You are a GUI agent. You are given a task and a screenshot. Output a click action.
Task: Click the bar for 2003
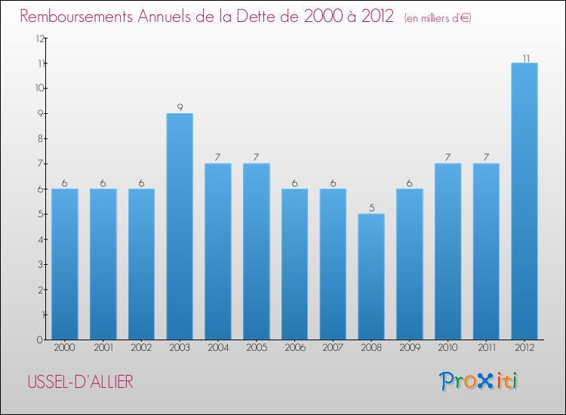tap(180, 226)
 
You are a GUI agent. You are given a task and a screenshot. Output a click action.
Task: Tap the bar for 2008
tap(371, 276)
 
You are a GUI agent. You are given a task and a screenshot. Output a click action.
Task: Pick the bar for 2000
tap(64, 264)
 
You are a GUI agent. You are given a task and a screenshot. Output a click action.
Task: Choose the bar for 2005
tap(256, 251)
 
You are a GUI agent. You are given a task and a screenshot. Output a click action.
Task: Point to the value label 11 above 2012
tap(524, 57)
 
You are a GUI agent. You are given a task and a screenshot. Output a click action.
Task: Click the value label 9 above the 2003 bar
tap(180, 107)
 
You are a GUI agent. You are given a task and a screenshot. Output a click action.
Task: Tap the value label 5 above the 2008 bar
tap(371, 207)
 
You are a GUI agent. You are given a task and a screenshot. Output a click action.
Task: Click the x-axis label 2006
tap(294, 348)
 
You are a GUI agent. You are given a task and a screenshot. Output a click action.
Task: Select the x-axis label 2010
tap(448, 348)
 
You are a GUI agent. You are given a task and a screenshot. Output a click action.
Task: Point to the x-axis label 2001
tap(103, 348)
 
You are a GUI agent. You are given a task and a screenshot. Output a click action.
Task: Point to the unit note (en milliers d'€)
tap(438, 17)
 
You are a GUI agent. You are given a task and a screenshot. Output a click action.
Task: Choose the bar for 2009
tap(409, 264)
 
